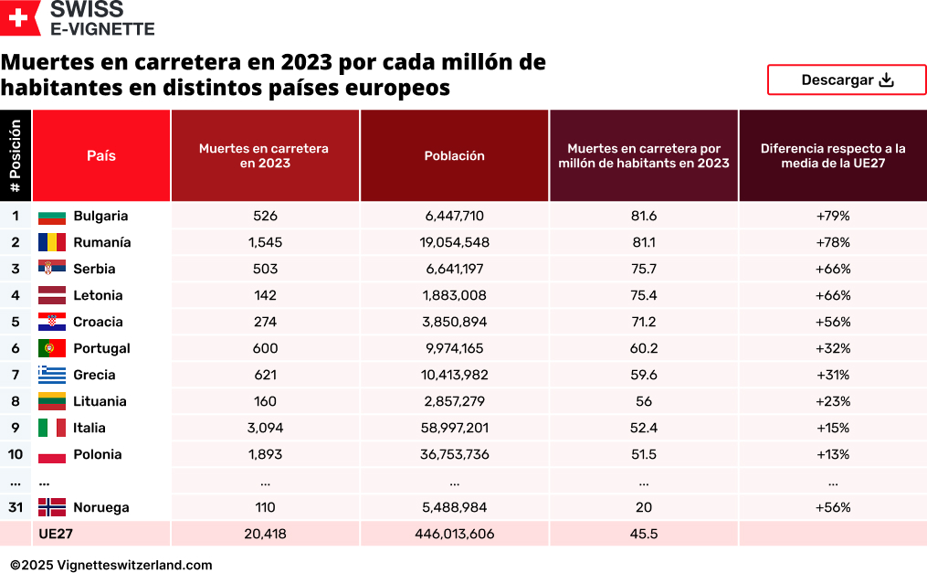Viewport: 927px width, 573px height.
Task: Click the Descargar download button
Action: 846,80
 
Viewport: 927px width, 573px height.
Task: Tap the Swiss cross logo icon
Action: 20,17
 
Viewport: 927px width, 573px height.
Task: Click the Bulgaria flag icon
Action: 52,217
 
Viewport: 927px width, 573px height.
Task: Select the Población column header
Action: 454,156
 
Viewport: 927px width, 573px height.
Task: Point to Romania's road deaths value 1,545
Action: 265,243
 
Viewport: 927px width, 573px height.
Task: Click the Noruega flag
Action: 52,507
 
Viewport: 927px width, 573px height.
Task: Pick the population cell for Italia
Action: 454,428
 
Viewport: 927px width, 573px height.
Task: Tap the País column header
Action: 101,156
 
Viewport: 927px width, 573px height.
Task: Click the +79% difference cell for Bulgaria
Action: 832,217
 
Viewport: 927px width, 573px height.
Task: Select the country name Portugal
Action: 101,348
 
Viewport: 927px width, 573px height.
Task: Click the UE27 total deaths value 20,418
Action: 265,534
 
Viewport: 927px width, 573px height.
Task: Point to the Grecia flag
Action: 52,375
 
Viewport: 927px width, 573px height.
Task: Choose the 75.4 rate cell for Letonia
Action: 643,295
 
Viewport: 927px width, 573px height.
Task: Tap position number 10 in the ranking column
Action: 16,454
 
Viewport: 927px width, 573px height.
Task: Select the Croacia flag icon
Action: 52,322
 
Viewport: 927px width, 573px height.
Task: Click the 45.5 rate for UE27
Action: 643,534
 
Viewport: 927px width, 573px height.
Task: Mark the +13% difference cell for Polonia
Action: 832,454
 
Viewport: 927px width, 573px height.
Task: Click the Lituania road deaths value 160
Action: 265,401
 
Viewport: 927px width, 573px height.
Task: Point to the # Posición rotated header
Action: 16,156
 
